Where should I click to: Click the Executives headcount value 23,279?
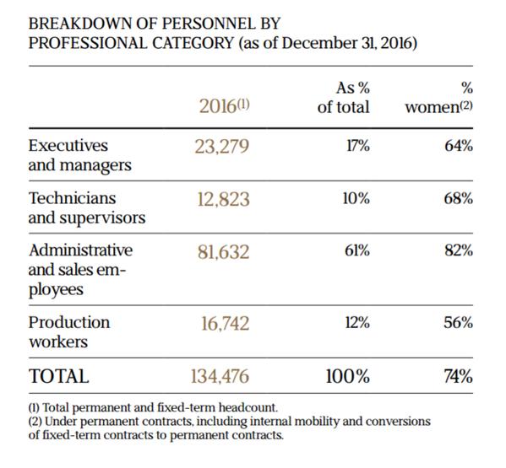[x=221, y=147]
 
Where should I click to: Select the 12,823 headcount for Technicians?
[x=223, y=199]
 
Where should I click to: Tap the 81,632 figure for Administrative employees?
[x=223, y=252]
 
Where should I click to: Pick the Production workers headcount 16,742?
[x=226, y=324]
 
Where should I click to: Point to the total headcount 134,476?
[x=220, y=376]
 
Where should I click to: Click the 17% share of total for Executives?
[x=358, y=146]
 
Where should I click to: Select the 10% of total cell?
[x=356, y=198]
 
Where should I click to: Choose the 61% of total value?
[x=357, y=251]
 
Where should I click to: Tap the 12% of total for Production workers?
[x=357, y=323]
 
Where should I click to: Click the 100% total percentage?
[x=347, y=376]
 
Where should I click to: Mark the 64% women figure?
[x=459, y=146]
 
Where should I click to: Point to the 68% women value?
[x=458, y=198]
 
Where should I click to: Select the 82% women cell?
[x=459, y=251]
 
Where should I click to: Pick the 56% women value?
[x=458, y=323]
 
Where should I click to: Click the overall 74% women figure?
[x=458, y=376]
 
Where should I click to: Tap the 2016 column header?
[x=224, y=106]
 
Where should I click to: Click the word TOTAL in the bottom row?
[x=59, y=376]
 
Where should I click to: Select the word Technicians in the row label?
[x=73, y=198]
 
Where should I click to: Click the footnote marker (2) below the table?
[x=35, y=422]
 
